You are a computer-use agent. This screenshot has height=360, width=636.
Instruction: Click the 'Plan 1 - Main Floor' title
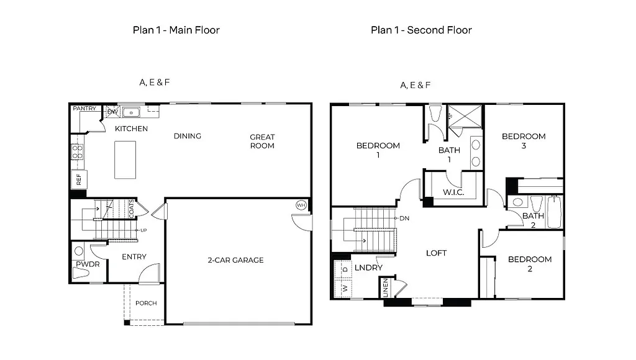[176, 30]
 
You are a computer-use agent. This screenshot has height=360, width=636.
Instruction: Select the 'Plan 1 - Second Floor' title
[421, 30]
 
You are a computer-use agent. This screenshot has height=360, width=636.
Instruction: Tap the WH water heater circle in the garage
[301, 205]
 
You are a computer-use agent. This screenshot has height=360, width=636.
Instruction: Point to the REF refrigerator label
[78, 180]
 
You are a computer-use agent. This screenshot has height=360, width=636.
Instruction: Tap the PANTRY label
[84, 109]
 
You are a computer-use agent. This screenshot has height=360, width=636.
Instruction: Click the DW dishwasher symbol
[112, 112]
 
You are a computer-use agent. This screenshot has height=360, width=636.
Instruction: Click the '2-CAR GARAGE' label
[235, 260]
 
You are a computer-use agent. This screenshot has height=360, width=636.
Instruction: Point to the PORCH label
[146, 303]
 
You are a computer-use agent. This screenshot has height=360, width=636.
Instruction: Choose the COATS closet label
[132, 209]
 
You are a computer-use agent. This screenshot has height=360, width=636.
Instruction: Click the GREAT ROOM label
[262, 142]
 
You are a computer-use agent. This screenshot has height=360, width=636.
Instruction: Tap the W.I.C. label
[453, 192]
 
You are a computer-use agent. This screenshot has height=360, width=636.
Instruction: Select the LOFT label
[436, 253]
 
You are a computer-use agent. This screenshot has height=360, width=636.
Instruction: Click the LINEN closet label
[385, 287]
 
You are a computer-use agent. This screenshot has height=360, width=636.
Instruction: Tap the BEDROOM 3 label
[524, 141]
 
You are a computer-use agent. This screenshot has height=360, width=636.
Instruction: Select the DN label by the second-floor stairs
[404, 218]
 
